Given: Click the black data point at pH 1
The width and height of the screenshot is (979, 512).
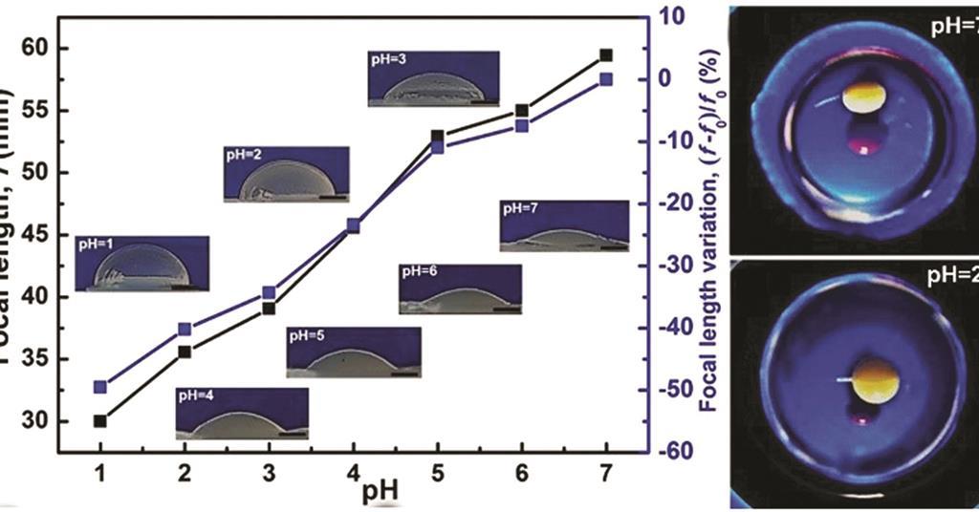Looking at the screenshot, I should tap(100, 420).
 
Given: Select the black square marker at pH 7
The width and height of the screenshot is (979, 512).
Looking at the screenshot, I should tap(605, 55).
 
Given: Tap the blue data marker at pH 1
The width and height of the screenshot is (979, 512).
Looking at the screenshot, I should tap(100, 387).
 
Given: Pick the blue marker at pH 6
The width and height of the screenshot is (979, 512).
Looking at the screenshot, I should tap(522, 125).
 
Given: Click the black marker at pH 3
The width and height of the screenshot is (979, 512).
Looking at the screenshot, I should tap(269, 308).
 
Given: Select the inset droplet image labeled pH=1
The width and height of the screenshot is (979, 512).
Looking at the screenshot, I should tap(141, 264).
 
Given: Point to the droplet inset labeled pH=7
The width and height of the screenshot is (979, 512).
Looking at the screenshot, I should tap(564, 226).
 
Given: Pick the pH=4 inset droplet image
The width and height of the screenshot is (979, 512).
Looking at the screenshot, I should tap(242, 413).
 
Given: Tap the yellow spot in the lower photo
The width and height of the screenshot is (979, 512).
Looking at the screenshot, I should tap(875, 381).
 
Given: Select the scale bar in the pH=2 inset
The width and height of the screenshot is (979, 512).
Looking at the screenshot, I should tap(332, 197).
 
